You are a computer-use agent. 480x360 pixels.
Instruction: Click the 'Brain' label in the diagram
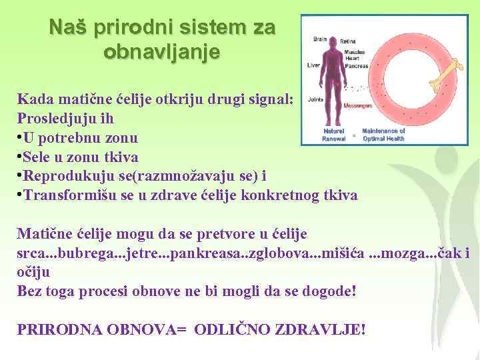pyautogui.click(x=320, y=39)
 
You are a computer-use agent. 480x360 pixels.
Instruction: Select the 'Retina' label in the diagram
pyautogui.click(x=349, y=41)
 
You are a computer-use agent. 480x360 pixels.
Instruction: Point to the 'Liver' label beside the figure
pyautogui.click(x=313, y=65)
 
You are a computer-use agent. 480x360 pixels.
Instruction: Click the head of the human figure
pyautogui.click(x=333, y=41)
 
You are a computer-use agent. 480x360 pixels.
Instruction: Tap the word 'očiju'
pyautogui.click(x=33, y=273)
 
